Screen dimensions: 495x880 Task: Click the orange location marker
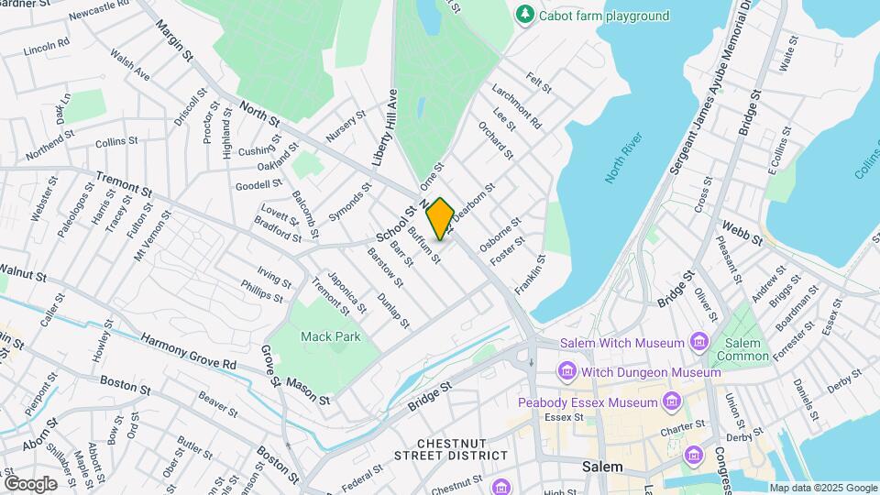pos(441,218)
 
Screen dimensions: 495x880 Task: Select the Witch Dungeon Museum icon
pos(566,372)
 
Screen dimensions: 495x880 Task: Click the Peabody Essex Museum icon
pos(673,401)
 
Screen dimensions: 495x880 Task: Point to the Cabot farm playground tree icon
pos(524,15)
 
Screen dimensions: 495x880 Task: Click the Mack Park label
pos(331,336)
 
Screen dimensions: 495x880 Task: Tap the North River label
pos(626,159)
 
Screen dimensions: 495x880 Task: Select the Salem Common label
pos(737,348)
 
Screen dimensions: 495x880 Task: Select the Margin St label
pos(175,43)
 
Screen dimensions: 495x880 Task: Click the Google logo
pos(29,483)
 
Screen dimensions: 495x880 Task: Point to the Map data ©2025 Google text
pos(823,488)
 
